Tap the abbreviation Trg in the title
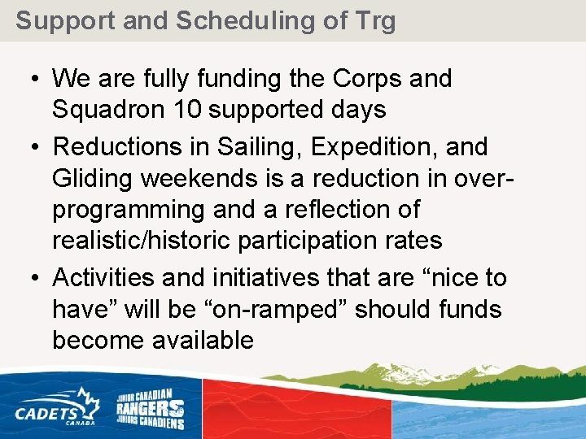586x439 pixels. [374, 20]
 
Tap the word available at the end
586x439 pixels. [203, 340]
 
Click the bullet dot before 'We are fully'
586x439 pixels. [28, 80]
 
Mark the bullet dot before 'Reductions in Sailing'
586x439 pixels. [28, 148]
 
